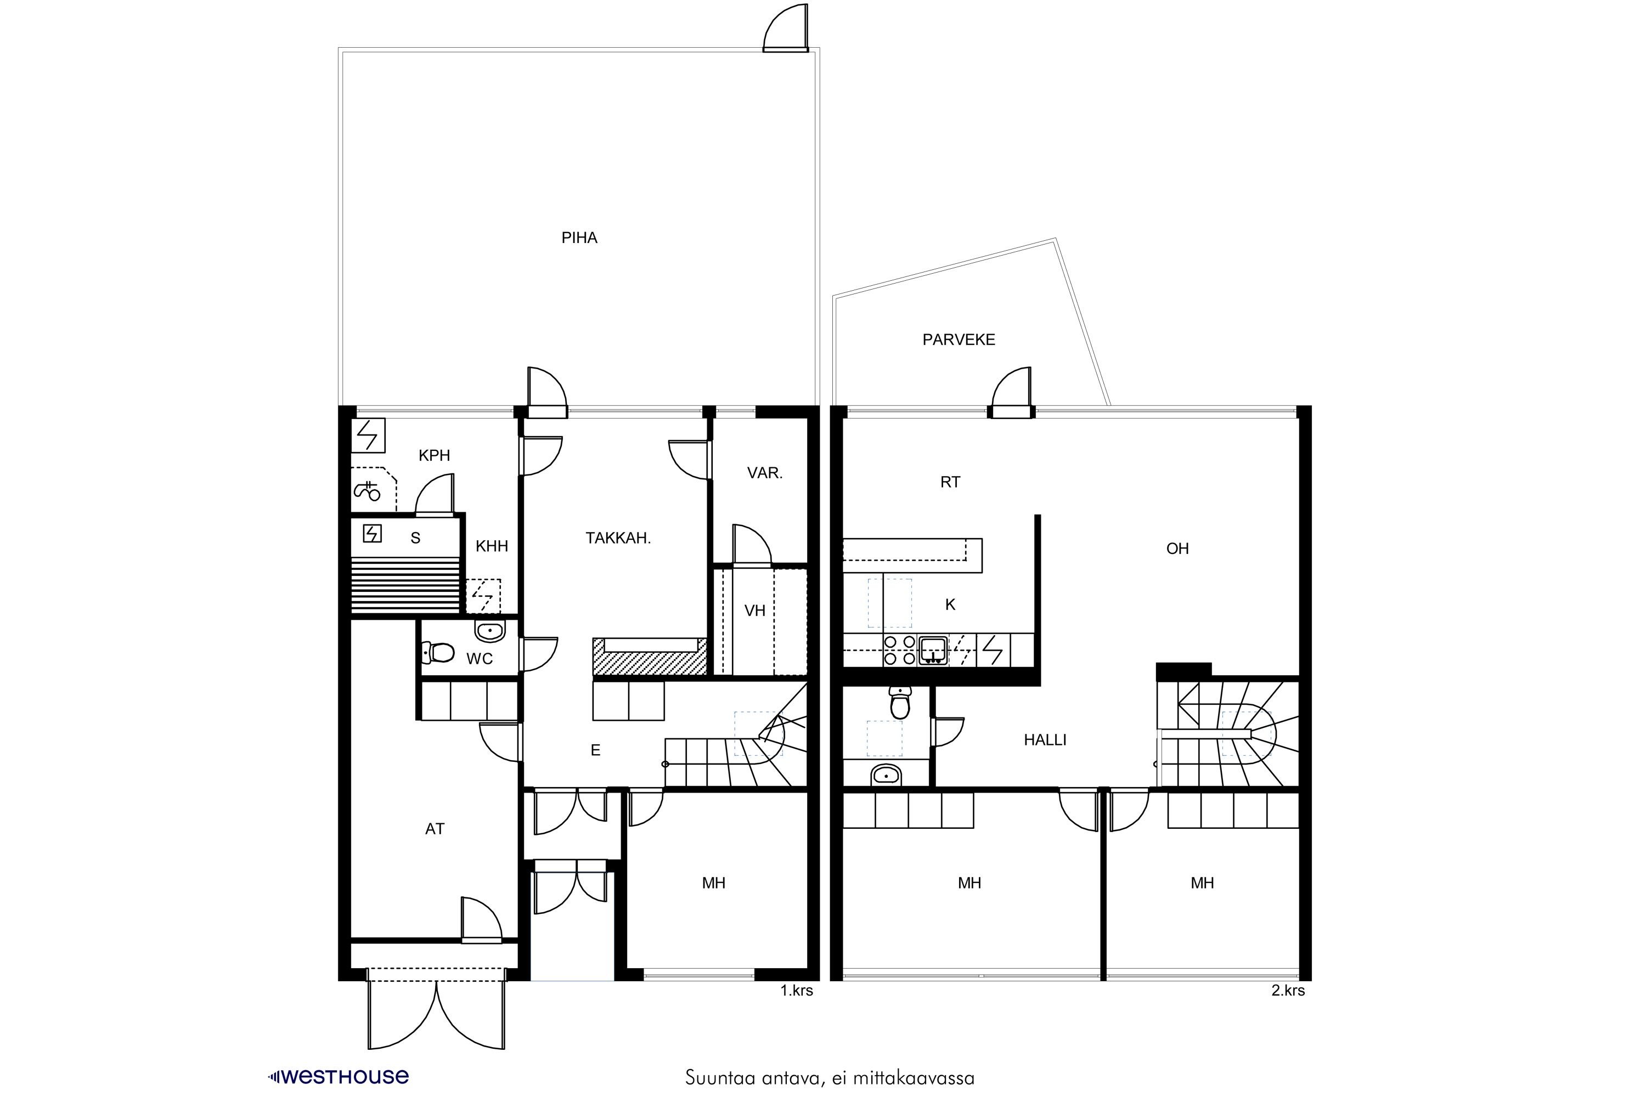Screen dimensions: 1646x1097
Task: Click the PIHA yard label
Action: (579, 238)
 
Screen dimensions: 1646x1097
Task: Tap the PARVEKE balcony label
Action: (959, 340)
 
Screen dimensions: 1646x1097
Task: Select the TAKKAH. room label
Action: (618, 538)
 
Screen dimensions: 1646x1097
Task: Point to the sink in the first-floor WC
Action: (490, 631)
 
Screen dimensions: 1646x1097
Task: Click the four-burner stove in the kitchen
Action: (899, 649)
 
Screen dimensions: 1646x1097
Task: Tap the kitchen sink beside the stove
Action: (933, 650)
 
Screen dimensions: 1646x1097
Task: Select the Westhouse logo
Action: (339, 1077)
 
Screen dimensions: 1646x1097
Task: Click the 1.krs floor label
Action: (797, 991)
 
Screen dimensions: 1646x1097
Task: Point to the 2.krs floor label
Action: (1288, 991)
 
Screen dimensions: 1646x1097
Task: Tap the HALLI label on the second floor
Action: (1045, 740)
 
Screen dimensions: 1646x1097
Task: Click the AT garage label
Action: (435, 829)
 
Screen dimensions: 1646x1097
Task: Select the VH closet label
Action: (754, 611)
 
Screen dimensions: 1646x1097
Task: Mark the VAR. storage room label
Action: (764, 473)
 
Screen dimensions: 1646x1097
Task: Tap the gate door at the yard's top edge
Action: (785, 29)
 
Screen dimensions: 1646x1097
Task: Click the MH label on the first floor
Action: (714, 883)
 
